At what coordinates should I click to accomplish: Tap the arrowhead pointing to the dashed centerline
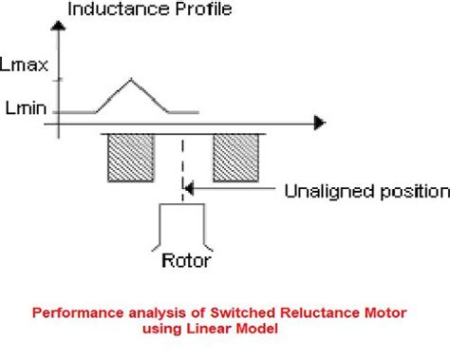coord(190,191)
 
